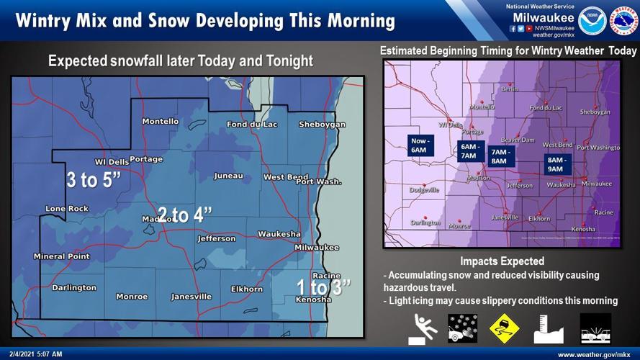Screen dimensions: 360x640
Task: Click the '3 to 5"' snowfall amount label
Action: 92,180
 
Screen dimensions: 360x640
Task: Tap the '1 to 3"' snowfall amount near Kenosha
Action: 323,286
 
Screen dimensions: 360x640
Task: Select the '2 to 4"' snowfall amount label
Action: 185,215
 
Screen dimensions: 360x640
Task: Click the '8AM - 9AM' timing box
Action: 556,165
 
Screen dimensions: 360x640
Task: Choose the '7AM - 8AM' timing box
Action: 498,156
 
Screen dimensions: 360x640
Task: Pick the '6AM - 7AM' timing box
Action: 469,150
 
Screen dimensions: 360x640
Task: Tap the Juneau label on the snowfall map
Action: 228,176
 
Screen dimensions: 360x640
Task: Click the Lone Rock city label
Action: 67,209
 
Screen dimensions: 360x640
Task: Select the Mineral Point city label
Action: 61,256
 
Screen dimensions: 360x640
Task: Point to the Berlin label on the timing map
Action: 509,89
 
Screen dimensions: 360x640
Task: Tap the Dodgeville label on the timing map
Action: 423,190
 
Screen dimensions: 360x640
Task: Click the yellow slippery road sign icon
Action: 504,328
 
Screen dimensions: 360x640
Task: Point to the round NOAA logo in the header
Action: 592,19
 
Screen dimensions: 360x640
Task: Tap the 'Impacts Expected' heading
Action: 502,261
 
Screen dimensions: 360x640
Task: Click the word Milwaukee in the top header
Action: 544,17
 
